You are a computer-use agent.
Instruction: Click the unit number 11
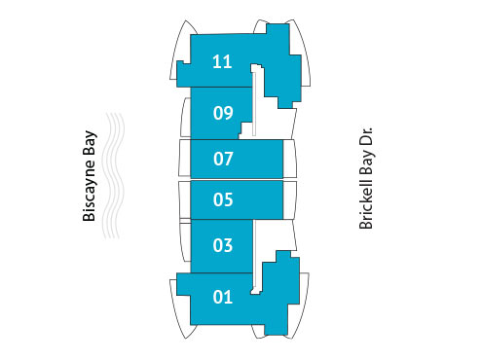pyautogui.click(x=222, y=62)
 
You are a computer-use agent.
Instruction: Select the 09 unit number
pyautogui.click(x=222, y=113)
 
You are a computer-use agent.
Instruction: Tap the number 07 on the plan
pyautogui.click(x=223, y=157)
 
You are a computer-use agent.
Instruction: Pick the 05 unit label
pyautogui.click(x=223, y=200)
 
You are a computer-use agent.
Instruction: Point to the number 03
pyautogui.click(x=223, y=245)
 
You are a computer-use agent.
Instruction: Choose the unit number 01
pyautogui.click(x=223, y=297)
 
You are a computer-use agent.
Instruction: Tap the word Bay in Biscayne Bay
pyautogui.click(x=90, y=142)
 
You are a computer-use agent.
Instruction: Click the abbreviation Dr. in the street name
pyautogui.click(x=367, y=133)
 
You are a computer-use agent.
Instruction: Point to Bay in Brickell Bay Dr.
pyautogui.click(x=367, y=162)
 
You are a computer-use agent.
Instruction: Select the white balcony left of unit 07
pyautogui.click(x=183, y=158)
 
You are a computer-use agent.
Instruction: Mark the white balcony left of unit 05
pyautogui.click(x=183, y=200)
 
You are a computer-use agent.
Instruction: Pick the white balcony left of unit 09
pyautogui.click(x=185, y=116)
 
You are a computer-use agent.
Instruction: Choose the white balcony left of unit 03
pyautogui.click(x=185, y=241)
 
